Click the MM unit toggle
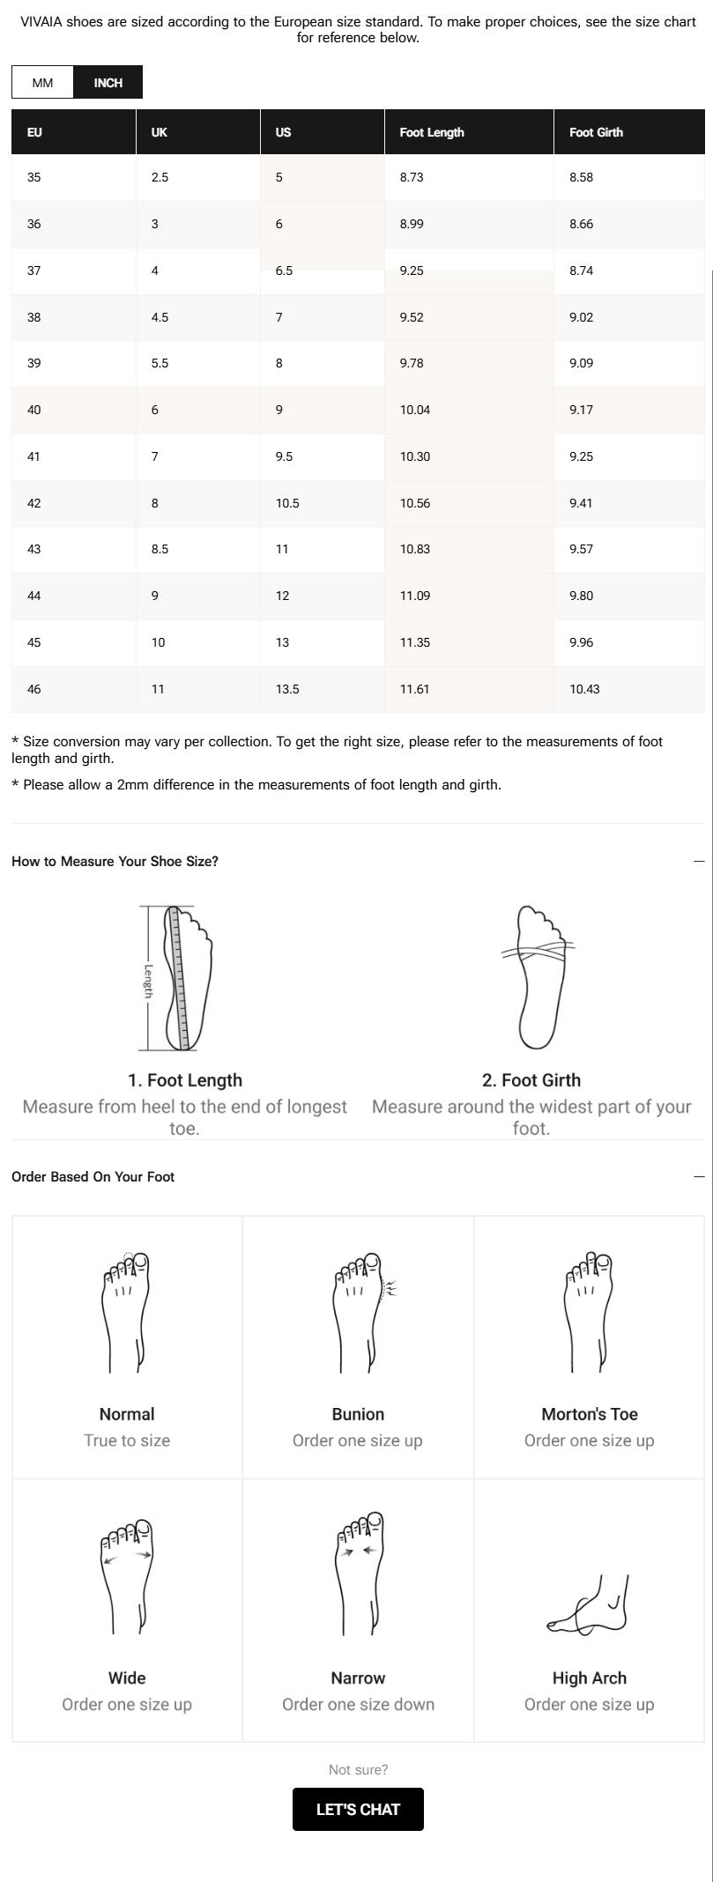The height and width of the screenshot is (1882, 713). point(42,83)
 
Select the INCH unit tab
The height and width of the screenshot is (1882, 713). point(108,83)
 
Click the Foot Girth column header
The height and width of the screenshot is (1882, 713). point(596,132)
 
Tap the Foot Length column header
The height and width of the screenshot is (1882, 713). point(432,132)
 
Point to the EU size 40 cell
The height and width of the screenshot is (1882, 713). point(34,410)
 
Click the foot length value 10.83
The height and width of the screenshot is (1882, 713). point(415,549)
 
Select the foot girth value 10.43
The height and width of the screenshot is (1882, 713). point(584,689)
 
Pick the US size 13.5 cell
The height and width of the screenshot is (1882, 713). point(287,689)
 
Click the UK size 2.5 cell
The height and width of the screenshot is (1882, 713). point(160,177)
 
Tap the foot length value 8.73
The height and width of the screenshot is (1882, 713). point(412,177)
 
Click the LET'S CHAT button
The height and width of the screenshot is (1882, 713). point(358,1809)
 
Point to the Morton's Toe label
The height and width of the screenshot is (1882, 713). point(590,1414)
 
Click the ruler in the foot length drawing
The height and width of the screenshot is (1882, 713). point(183,978)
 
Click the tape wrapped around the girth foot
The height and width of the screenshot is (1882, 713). point(538,951)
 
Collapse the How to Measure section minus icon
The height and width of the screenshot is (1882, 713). point(699,861)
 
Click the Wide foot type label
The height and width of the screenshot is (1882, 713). point(127,1678)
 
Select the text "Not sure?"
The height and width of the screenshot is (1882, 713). point(358,1769)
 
